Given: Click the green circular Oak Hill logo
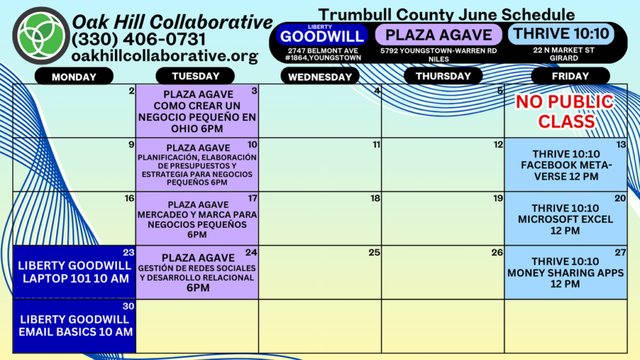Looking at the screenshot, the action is (x=41, y=36).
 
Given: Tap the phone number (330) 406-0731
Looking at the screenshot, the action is (x=139, y=39).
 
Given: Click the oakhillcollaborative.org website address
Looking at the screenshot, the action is (x=165, y=56).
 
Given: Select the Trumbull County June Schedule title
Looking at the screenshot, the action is (x=446, y=15).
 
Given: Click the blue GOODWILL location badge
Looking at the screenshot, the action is (x=322, y=35).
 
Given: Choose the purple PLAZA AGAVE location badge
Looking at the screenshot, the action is (x=439, y=35).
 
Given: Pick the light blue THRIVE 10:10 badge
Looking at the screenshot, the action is (x=561, y=34).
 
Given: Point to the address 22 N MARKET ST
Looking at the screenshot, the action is (x=564, y=50).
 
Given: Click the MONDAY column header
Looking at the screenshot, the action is (x=74, y=76).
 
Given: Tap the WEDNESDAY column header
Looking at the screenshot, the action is (x=320, y=76).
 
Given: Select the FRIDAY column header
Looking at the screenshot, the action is (x=570, y=76).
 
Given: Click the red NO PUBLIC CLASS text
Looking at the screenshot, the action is (x=565, y=111).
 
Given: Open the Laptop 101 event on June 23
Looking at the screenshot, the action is (x=74, y=272).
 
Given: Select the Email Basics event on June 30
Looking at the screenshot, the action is (x=74, y=326).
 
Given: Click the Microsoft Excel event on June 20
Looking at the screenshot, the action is (x=566, y=219).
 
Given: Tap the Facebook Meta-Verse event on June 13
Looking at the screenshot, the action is (x=566, y=165).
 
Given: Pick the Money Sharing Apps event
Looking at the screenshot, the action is (x=566, y=272).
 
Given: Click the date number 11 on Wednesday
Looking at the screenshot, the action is (x=376, y=144).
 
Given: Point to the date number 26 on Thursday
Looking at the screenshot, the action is (x=497, y=252).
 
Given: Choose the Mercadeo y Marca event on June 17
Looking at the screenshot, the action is (x=197, y=219).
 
